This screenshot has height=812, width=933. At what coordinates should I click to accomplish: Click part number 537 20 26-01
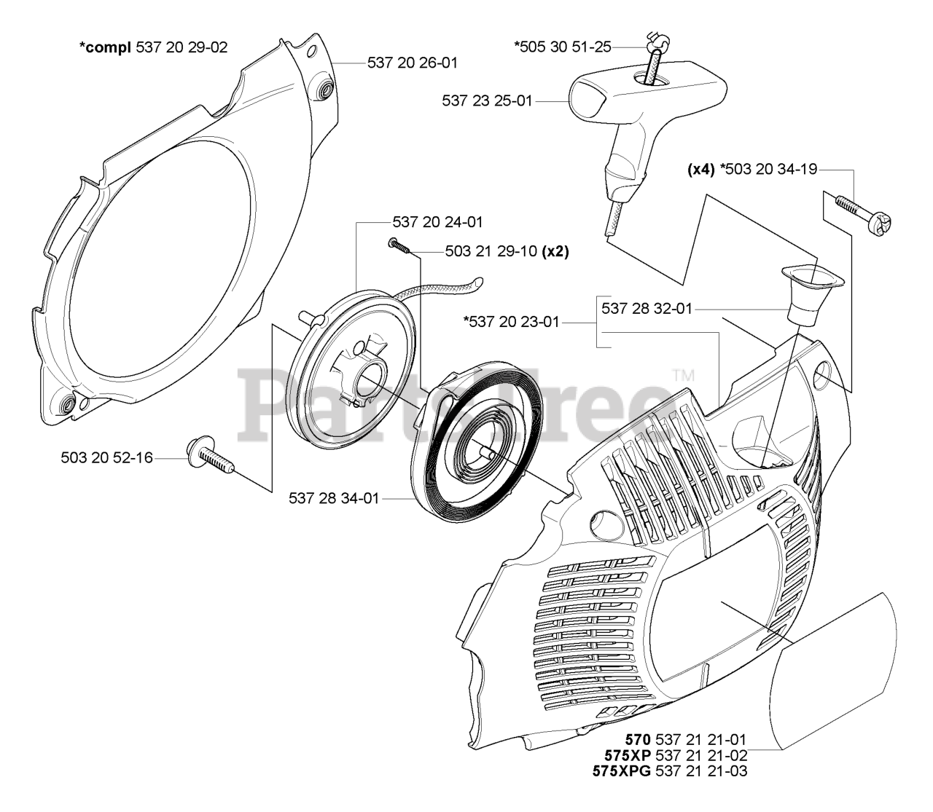[x=413, y=63]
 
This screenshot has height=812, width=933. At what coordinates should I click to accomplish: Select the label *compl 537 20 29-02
[x=153, y=47]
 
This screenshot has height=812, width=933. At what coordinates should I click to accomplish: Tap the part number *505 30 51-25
[x=563, y=47]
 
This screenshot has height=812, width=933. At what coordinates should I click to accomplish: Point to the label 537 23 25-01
[x=487, y=100]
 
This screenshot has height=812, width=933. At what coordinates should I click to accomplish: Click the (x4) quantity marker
[x=701, y=170]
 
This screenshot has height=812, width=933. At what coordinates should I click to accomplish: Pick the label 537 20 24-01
[x=437, y=222]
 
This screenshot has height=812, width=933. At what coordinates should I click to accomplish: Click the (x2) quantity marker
[x=555, y=251]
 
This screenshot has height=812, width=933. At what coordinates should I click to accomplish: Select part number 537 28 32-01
[x=647, y=309]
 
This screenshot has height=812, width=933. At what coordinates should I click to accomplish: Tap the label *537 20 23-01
[x=511, y=322]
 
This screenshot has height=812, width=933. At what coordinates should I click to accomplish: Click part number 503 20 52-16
[x=106, y=457]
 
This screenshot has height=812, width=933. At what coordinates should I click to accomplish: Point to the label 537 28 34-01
[x=334, y=498]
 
